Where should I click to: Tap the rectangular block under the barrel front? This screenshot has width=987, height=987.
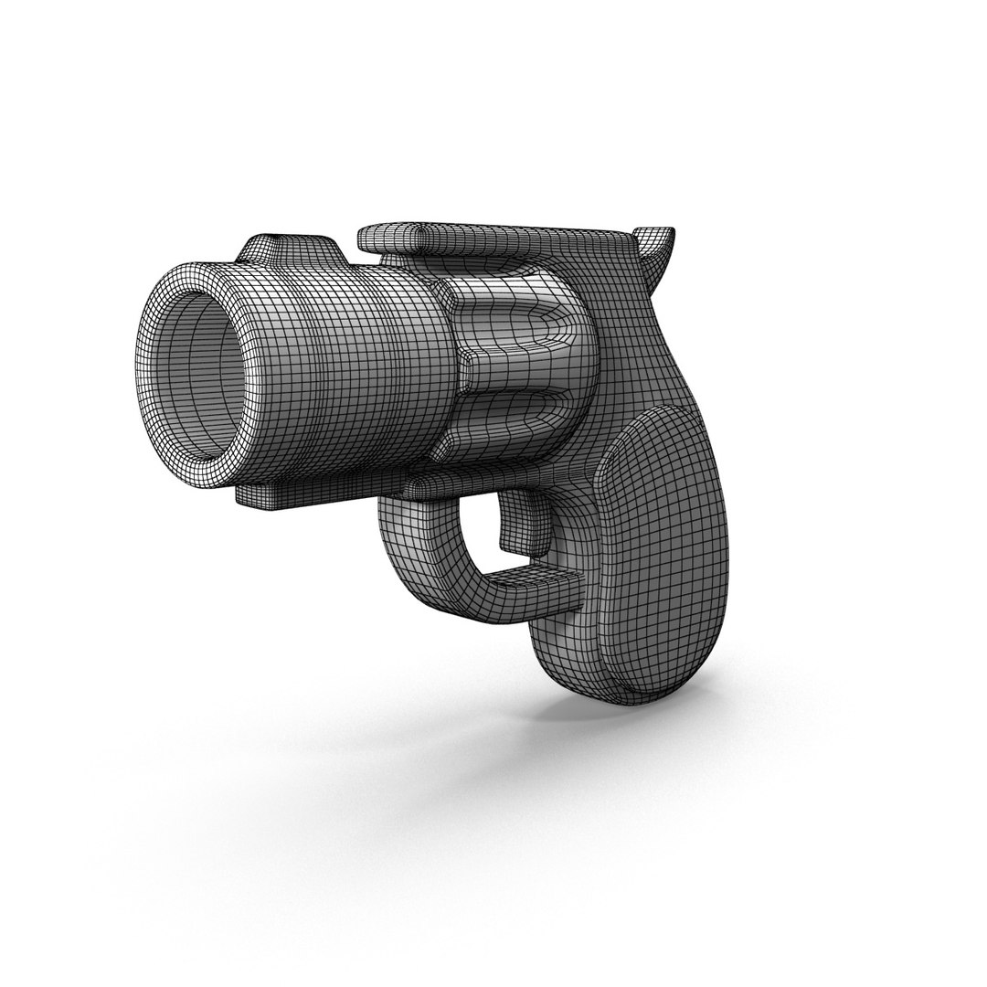(x=265, y=495)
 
